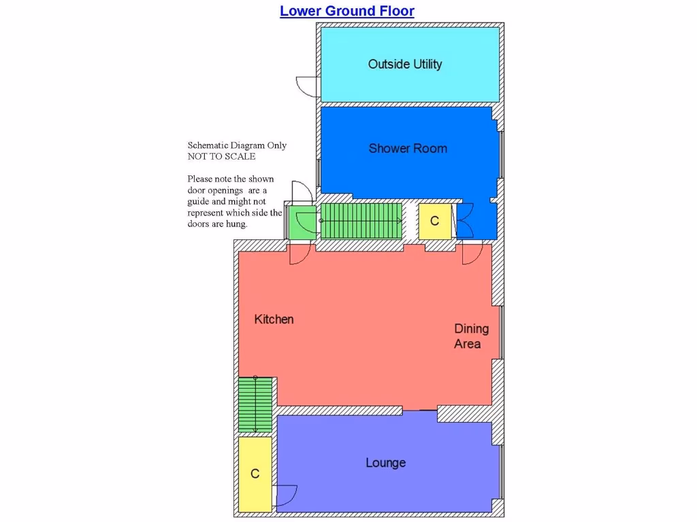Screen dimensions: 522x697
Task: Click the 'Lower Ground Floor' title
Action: (x=346, y=11)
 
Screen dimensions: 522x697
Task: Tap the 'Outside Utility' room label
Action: (x=405, y=64)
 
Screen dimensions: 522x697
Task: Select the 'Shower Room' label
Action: (x=408, y=148)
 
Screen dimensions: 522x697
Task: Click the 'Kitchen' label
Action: (x=274, y=319)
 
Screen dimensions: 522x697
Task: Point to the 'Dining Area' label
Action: (x=471, y=336)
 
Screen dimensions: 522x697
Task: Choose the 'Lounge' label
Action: (x=385, y=463)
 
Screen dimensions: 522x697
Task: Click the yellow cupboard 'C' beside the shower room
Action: (x=434, y=222)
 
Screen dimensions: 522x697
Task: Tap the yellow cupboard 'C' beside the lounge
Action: (x=255, y=474)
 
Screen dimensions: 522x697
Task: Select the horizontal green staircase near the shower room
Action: (x=360, y=221)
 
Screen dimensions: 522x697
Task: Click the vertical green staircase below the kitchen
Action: (x=255, y=404)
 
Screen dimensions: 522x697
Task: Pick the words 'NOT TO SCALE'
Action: (x=221, y=156)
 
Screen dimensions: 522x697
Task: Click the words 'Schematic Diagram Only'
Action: (x=237, y=145)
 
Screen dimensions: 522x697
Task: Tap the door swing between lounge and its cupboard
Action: (x=286, y=495)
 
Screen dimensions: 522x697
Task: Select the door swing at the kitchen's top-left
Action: (x=299, y=254)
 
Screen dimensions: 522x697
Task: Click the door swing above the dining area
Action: (x=472, y=254)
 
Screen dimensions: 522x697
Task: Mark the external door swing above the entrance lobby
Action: (x=302, y=193)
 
